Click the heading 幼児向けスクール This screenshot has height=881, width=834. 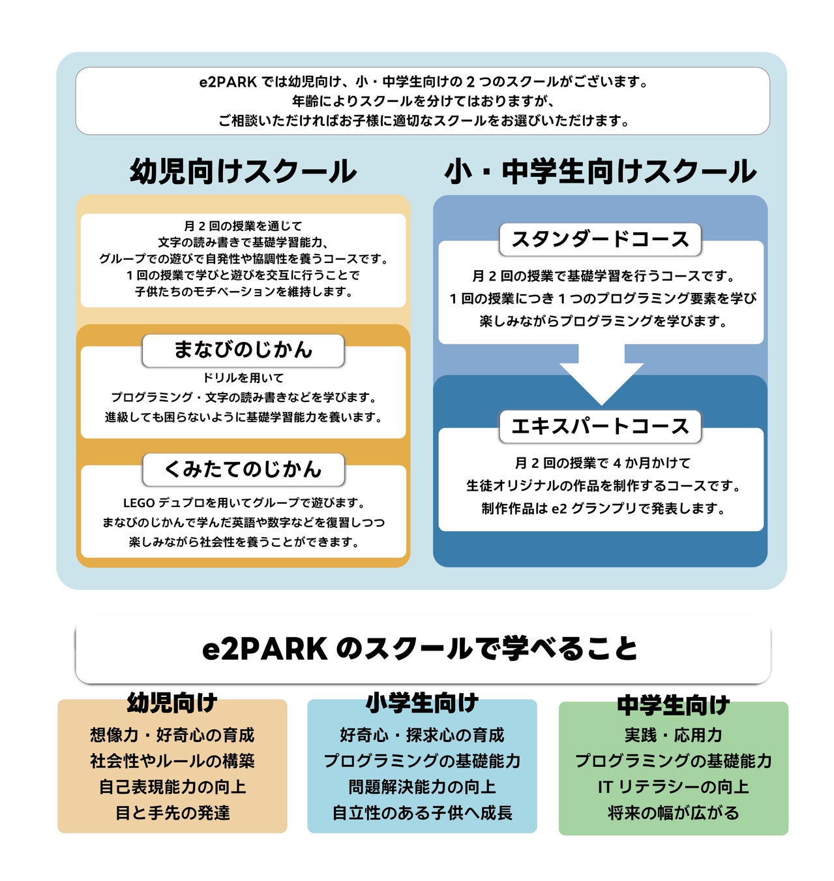243,172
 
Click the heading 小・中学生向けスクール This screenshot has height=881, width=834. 600,172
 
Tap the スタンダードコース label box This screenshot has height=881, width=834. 600,240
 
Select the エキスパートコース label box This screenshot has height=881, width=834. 600,426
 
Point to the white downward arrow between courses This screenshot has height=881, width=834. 601,379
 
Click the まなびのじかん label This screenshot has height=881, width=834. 243,350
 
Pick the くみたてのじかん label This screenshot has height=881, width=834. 243,469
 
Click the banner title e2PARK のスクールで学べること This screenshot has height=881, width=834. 421,649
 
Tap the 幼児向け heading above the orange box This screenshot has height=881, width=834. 172,703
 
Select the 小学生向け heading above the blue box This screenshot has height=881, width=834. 422,703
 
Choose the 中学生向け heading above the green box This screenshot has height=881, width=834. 673,705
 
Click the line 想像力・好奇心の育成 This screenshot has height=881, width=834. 172,735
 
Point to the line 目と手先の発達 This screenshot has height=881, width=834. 172,813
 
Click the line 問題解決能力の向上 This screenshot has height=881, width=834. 422,787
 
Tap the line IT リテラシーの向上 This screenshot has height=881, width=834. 673,787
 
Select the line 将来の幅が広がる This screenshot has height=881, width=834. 673,813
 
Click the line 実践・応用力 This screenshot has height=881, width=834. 673,735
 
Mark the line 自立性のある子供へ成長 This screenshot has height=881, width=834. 422,813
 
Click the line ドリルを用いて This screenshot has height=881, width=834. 243,378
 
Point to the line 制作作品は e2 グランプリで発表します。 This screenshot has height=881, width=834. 603,508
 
